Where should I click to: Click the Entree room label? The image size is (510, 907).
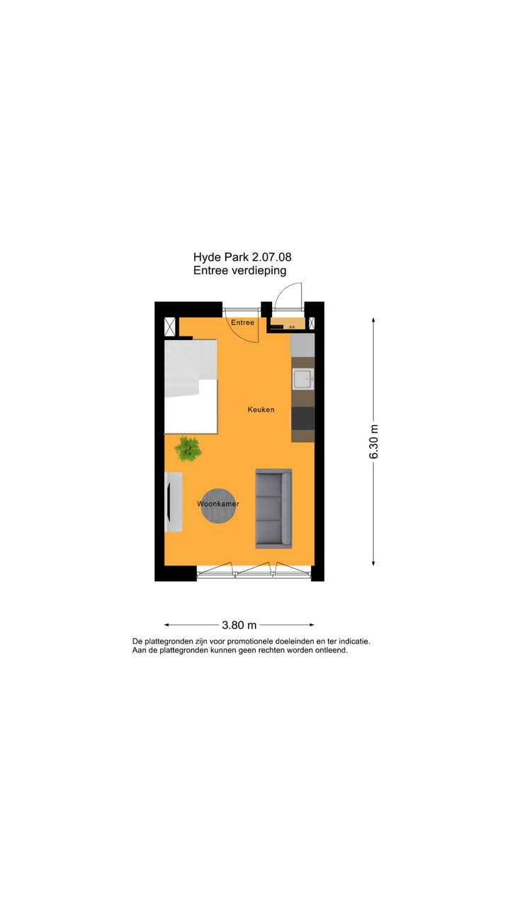(242, 323)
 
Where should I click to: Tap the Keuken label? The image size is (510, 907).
(261, 410)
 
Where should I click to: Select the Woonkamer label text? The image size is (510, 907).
(217, 504)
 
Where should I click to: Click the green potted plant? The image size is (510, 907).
(188, 448)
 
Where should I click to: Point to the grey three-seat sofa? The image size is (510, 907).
(273, 508)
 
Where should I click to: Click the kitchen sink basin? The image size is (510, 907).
(303, 380)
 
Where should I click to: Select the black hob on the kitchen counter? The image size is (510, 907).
(302, 418)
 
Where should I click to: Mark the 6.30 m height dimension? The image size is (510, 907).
(374, 441)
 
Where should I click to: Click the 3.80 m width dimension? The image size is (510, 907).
(239, 625)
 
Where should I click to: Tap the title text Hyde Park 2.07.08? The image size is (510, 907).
(242, 258)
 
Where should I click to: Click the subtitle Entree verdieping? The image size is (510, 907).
(239, 271)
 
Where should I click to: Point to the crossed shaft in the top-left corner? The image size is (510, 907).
(170, 326)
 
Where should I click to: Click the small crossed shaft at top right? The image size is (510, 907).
(311, 323)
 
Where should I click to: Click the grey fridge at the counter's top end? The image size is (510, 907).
(302, 345)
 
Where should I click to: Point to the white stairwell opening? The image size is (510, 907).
(190, 386)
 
